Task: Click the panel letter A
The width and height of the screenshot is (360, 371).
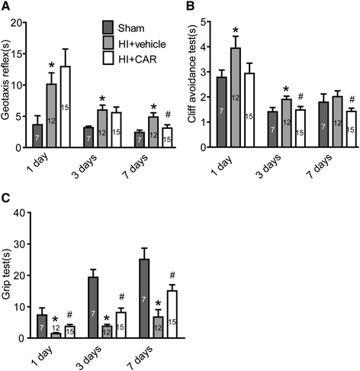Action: [x=6, y=7]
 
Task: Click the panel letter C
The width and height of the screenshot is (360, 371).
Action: [x=6, y=195]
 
